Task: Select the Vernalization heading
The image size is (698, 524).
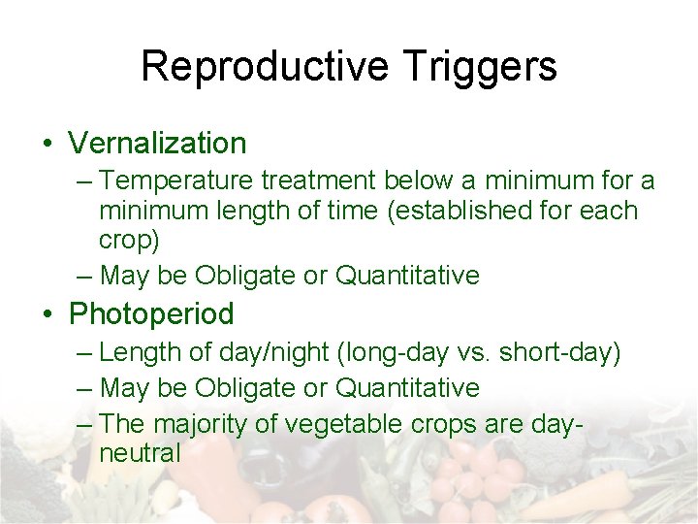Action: [x=157, y=144]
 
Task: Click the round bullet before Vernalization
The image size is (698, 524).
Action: [x=48, y=145]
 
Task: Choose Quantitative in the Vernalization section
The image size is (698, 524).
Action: [x=407, y=276]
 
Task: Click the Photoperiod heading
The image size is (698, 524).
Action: [x=151, y=314]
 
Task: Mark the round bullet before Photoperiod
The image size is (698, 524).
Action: [x=48, y=315]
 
